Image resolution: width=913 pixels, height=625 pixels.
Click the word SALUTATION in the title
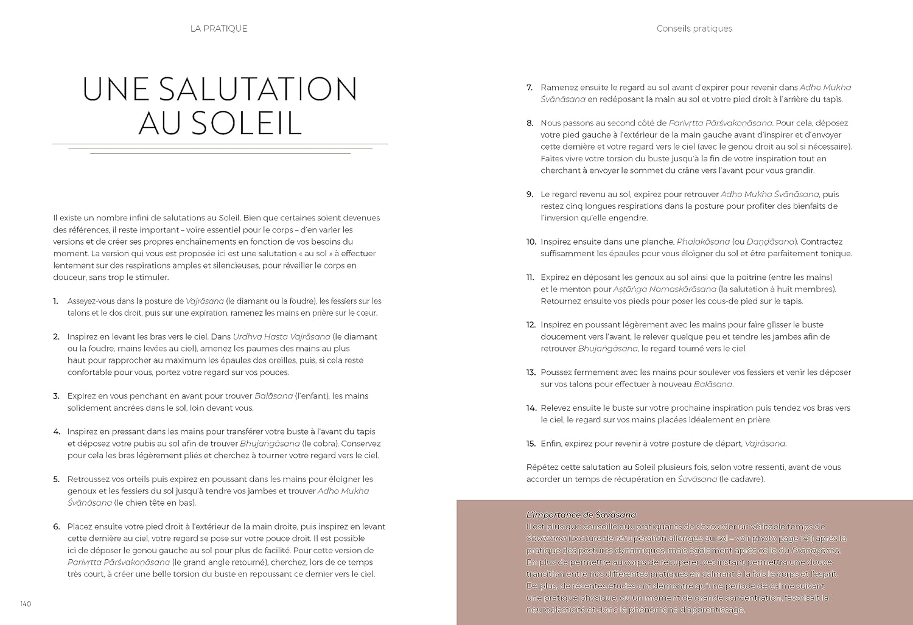257,89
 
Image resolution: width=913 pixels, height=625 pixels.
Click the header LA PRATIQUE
219,29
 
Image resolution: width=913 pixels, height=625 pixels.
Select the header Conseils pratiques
694,29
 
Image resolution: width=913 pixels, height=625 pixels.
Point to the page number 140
25,604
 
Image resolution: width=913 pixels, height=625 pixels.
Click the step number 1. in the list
56,301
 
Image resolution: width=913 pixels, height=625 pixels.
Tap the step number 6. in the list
57,526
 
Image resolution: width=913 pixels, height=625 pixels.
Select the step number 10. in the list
531,242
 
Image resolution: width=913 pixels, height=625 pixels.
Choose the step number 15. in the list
531,444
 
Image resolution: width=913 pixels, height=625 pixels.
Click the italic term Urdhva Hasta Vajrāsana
281,337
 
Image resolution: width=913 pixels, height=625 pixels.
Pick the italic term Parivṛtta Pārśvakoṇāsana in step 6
119,562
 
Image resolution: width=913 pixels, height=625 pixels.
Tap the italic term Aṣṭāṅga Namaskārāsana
664,289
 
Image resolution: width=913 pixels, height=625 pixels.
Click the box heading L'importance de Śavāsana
581,515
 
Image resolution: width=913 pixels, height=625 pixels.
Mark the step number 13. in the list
531,372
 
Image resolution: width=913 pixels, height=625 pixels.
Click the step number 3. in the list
57,396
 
